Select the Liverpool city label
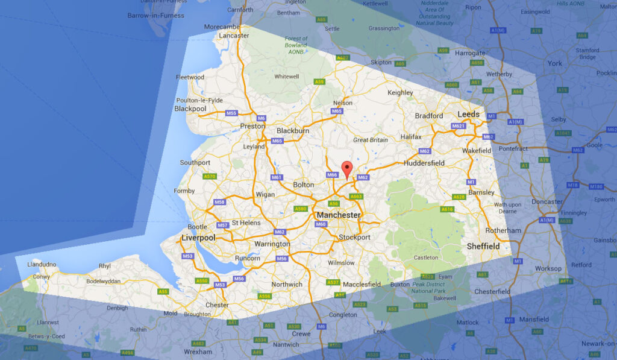pyautogui.click(x=198, y=238)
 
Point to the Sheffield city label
pyautogui.click(x=483, y=246)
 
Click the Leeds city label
pyautogui.click(x=468, y=114)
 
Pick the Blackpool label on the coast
pyautogui.click(x=190, y=109)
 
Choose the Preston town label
pyautogui.click(x=252, y=126)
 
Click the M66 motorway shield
pyautogui.click(x=333, y=175)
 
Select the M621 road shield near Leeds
pyautogui.click(x=459, y=126)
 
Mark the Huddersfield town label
pyautogui.click(x=424, y=163)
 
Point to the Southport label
pyautogui.click(x=195, y=163)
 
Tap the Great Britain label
pyautogui.click(x=371, y=140)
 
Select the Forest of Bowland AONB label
pyautogui.click(x=296, y=45)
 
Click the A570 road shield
pyautogui.click(x=210, y=176)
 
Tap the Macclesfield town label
pyautogui.click(x=362, y=284)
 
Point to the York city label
pyautogui.click(x=554, y=63)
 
